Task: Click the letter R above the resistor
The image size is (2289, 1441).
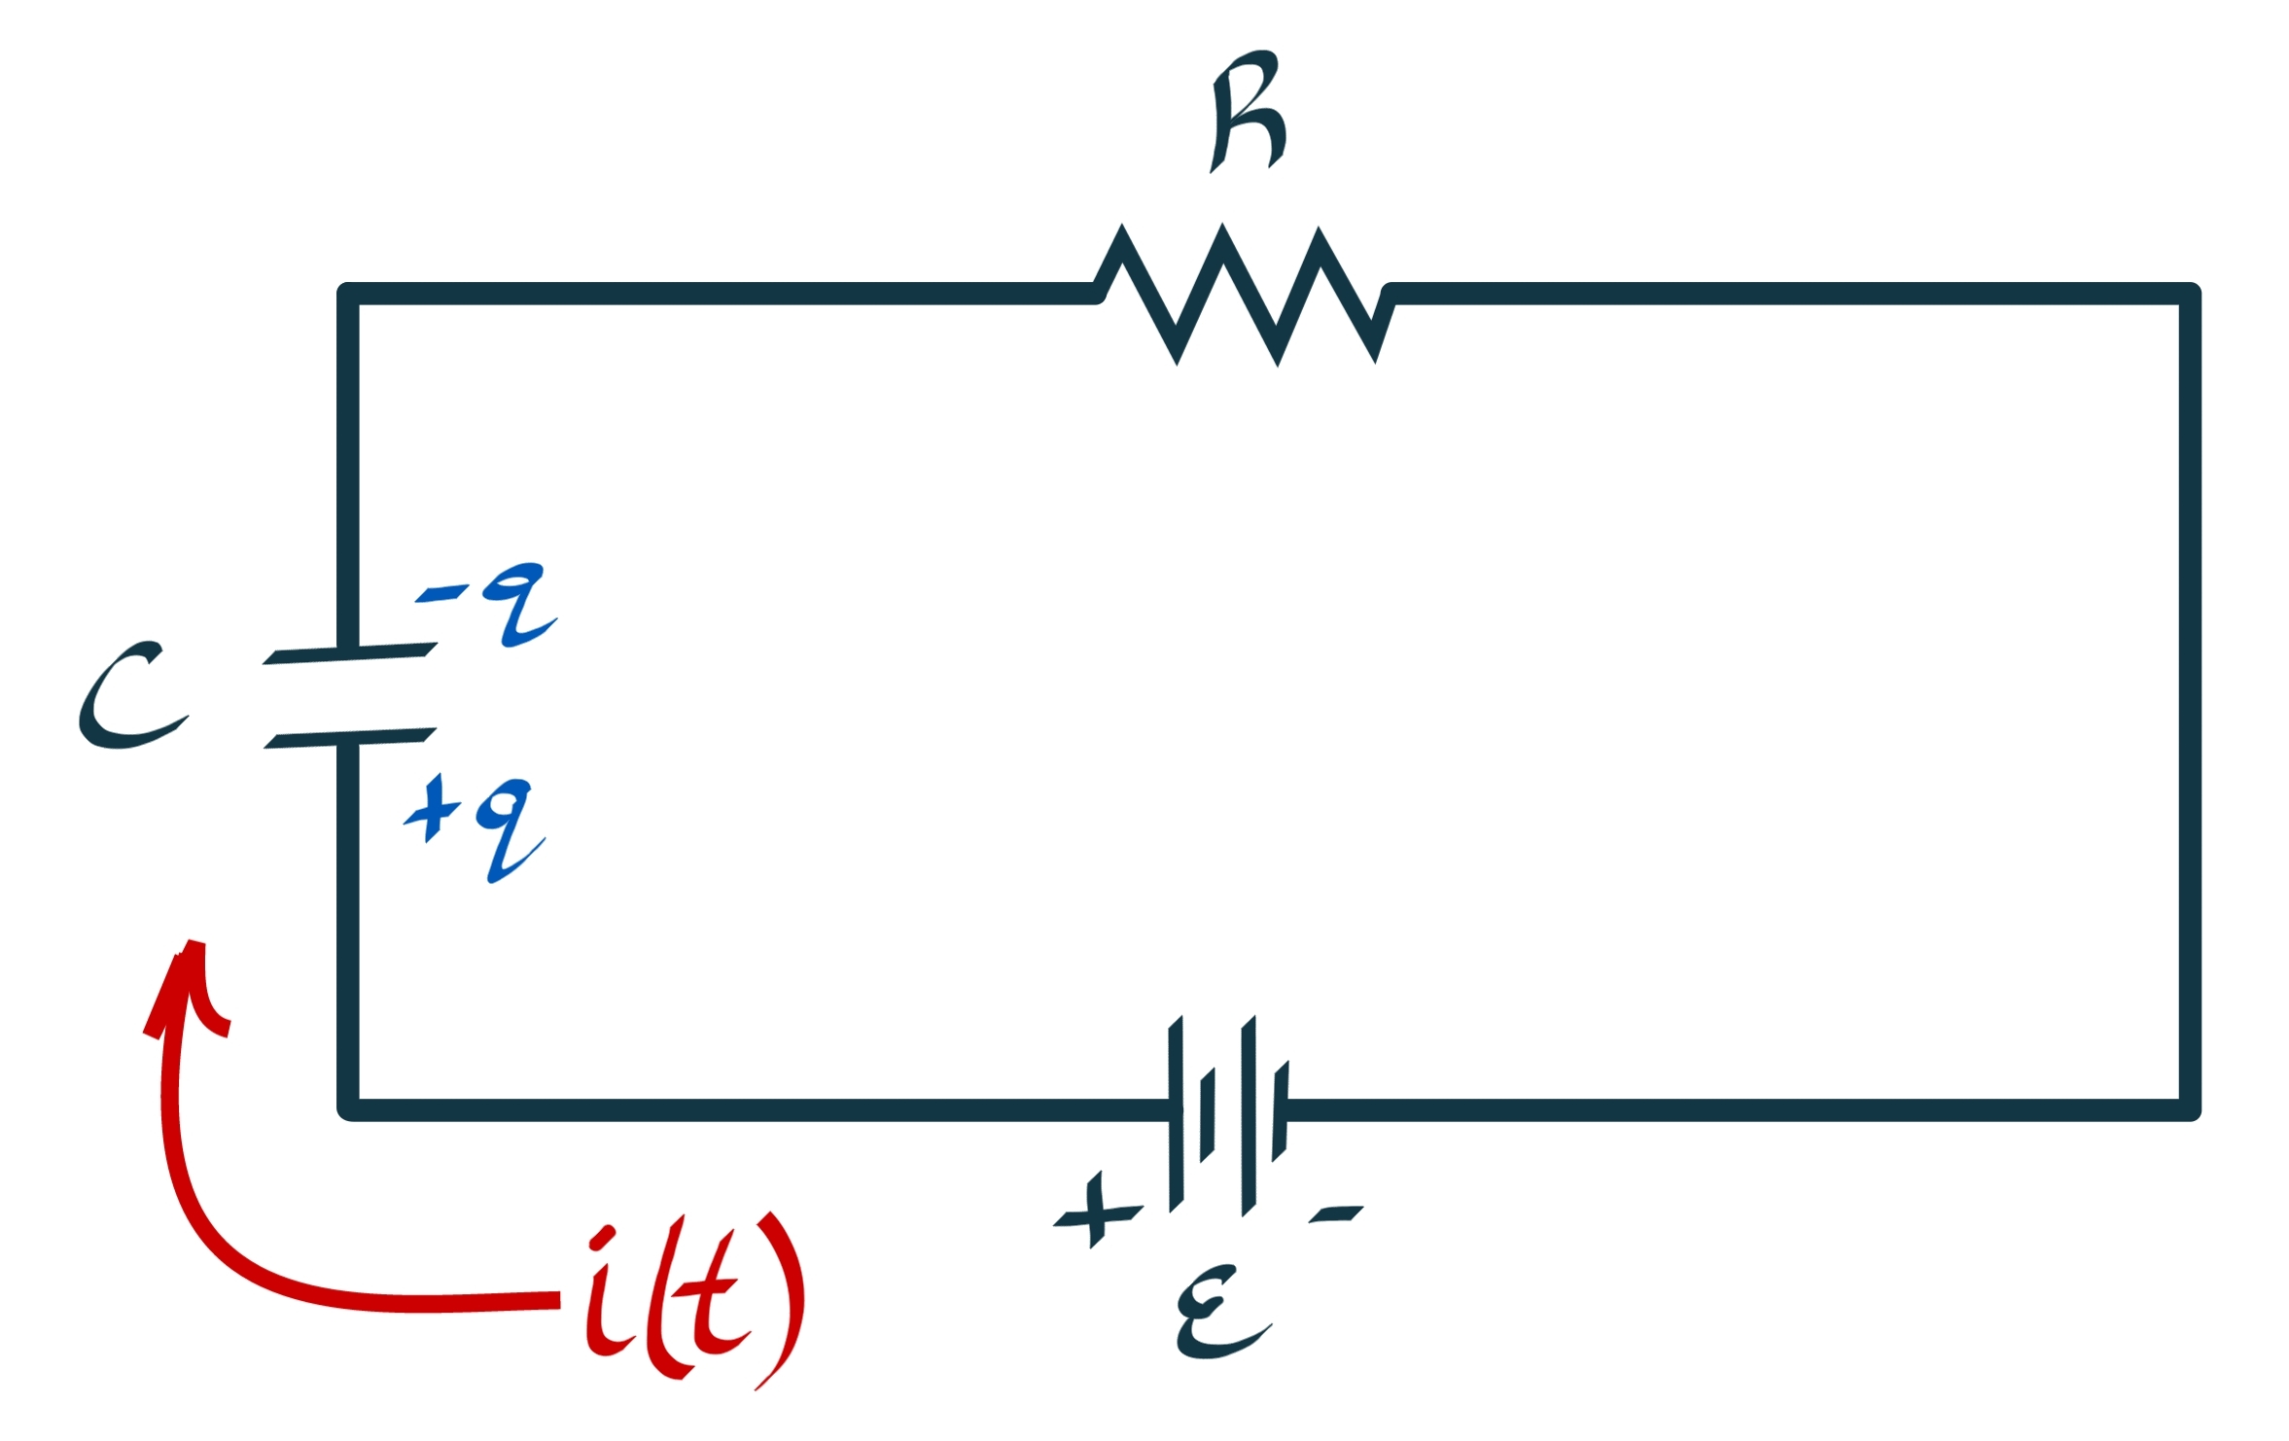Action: tap(1249, 112)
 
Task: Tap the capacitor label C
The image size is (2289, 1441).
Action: tap(131, 695)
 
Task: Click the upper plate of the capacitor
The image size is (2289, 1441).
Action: tap(350, 653)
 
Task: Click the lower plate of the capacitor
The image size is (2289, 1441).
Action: tap(350, 738)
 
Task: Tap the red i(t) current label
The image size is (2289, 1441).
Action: tap(692, 1298)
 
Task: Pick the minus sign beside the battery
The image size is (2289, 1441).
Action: tap(1336, 1213)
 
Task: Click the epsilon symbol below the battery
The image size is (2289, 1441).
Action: tap(1220, 1312)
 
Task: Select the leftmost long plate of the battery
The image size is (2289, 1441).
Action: tap(1176, 1113)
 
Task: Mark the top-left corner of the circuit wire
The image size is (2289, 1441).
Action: tap(349, 294)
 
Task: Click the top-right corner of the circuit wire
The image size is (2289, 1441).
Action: tap(2189, 294)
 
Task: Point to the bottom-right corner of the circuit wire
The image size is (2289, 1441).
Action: tap(2189, 1109)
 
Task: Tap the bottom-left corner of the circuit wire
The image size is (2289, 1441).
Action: tap(349, 1109)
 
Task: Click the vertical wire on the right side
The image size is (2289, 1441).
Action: tap(2189, 700)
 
